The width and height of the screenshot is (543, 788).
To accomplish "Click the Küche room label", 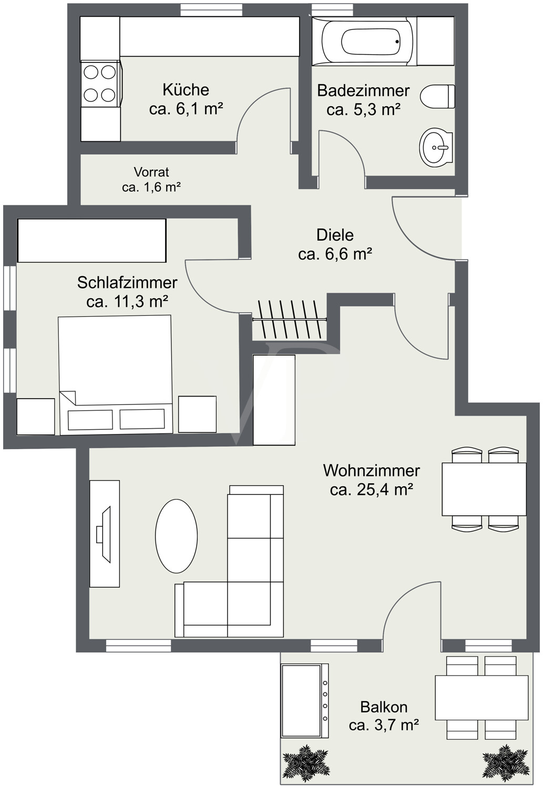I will [x=186, y=90].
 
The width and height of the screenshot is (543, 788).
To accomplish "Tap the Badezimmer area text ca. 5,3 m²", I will [x=363, y=110].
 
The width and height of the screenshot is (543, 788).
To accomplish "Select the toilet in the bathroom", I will [x=437, y=97].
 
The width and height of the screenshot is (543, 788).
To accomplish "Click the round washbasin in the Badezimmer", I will [x=436, y=148].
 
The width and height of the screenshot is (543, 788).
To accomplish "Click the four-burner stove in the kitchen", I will [x=100, y=83].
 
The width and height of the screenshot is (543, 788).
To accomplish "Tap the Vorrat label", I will [x=151, y=172].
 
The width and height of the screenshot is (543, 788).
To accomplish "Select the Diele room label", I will [x=335, y=235].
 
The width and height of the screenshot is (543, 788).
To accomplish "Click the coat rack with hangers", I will [x=290, y=319].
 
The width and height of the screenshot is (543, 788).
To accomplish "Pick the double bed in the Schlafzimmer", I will [x=115, y=374].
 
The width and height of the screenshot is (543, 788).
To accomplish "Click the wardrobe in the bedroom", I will [x=92, y=241].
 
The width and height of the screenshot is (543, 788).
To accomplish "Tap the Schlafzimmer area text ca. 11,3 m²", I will [x=127, y=302].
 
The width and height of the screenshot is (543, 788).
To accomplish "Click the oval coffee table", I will [x=176, y=536].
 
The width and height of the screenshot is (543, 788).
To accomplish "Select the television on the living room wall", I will [x=104, y=533].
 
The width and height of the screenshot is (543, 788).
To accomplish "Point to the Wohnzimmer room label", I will [x=371, y=470].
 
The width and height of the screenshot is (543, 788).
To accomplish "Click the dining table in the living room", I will [x=484, y=489].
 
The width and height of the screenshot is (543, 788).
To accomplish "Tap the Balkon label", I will [x=384, y=707].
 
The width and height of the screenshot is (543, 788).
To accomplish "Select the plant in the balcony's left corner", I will [x=305, y=762].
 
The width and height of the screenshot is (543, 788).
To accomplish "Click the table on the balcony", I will [x=481, y=698].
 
